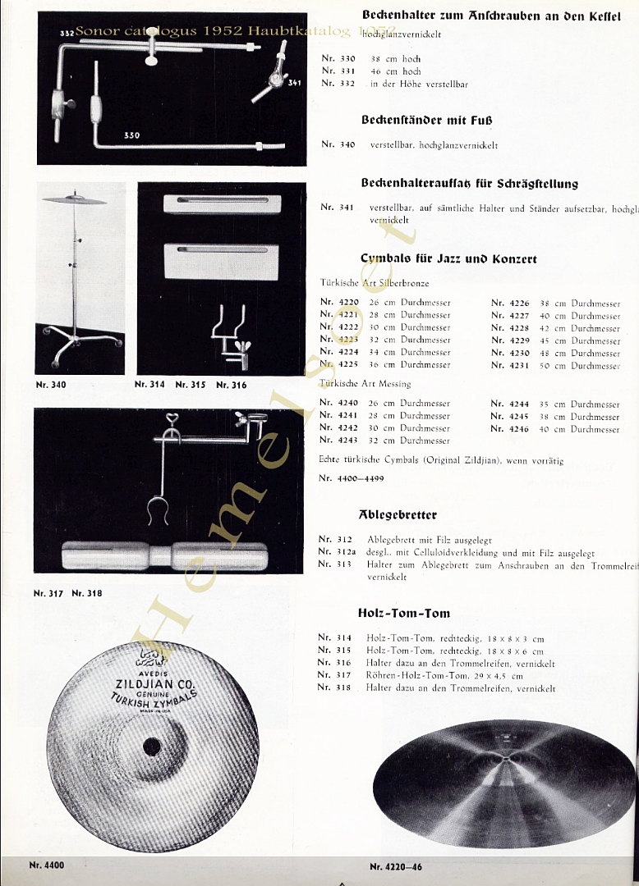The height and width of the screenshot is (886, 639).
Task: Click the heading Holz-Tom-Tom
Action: coord(403,613)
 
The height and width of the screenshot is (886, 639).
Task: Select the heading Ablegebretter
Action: coord(398,515)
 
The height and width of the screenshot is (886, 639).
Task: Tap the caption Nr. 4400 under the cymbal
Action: coord(46,864)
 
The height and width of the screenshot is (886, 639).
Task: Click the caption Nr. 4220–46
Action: coord(396,865)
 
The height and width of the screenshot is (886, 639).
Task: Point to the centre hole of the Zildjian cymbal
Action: coord(152,747)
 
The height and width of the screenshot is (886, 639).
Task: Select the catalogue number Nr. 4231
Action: coord(510,365)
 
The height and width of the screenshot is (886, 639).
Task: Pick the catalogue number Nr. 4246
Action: coord(510,429)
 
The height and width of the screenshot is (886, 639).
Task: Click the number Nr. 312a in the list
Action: coord(336,553)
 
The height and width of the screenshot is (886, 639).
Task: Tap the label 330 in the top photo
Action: coord(131,135)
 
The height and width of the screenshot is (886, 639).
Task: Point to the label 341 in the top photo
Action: coord(294,82)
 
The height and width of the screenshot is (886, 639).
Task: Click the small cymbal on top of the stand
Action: coord(74,200)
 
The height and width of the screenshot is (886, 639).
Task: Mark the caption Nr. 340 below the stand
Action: coord(51,384)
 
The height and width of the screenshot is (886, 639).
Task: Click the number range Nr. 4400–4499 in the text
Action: coord(351,477)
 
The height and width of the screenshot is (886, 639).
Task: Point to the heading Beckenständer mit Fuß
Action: coord(426,120)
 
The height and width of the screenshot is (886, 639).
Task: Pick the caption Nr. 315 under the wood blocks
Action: coord(190,384)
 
